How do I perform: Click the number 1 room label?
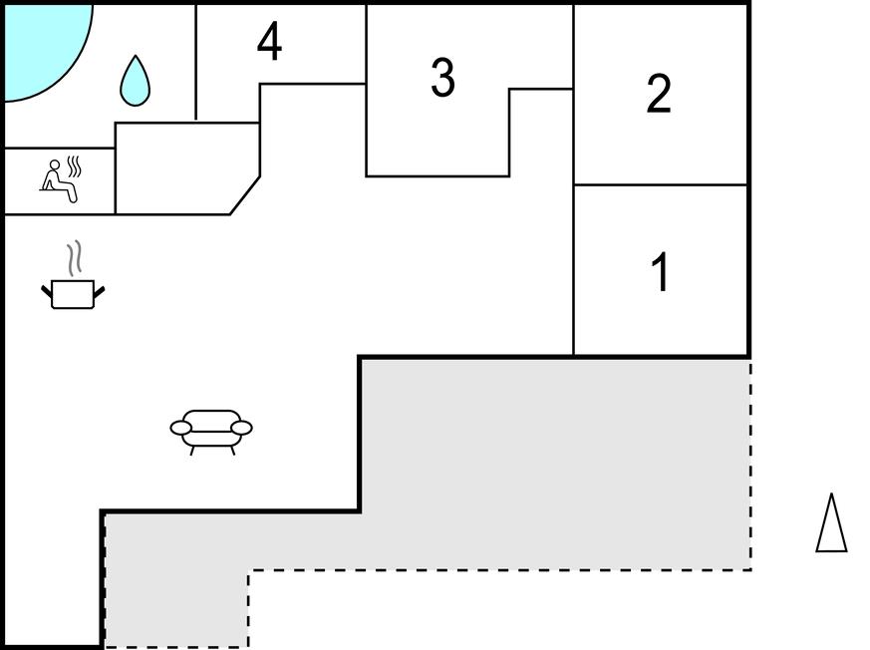pyautogui.click(x=659, y=273)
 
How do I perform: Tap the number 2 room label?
pyautogui.click(x=659, y=95)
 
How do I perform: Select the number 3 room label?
pyautogui.click(x=442, y=78)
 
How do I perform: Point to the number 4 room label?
pyautogui.click(x=269, y=42)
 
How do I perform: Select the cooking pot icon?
pyautogui.click(x=73, y=293)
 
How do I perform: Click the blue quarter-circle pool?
pyautogui.click(x=40, y=45)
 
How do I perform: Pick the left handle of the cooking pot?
pyautogui.click(x=46, y=291)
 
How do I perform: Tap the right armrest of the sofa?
pyautogui.click(x=241, y=428)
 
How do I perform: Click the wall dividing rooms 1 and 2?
pyautogui.click(x=661, y=184)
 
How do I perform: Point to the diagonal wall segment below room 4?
pyautogui.click(x=245, y=195)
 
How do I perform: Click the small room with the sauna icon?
pyautogui.click(x=59, y=181)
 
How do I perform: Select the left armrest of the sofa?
pyautogui.click(x=180, y=428)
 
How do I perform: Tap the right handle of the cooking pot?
pyautogui.click(x=99, y=291)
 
